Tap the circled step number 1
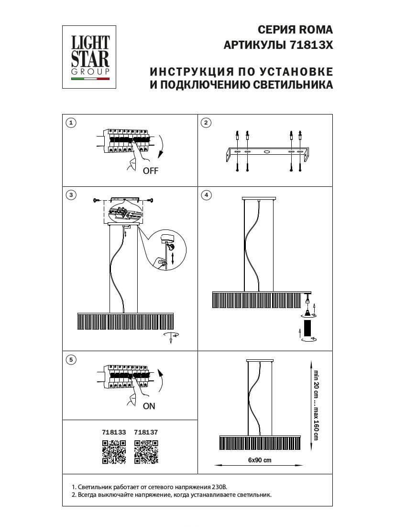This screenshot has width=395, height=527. [70, 123]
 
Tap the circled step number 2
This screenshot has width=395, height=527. [206, 123]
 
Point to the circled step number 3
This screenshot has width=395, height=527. [70, 195]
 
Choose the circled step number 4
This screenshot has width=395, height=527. [206, 195]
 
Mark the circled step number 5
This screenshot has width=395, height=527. [70, 359]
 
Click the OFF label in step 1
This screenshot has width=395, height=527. [150, 171]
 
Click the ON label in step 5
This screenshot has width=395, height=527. [149, 406]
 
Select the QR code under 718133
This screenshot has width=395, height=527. [114, 452]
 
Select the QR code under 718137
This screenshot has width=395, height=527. [146, 452]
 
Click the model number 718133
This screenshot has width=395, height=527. [114, 432]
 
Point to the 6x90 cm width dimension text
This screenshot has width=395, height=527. [260, 460]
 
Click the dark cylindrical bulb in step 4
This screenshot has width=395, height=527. [308, 329]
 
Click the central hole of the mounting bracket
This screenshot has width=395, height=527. [266, 152]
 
